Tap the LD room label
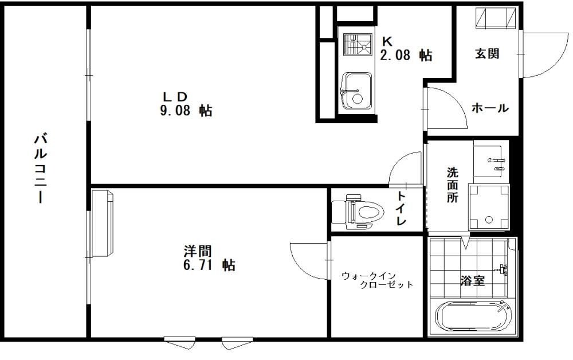point(175,96)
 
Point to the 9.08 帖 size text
point(186,110)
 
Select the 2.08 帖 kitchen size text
point(406,55)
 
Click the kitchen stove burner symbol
point(358,44)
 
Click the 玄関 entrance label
point(487,54)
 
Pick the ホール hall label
point(490,108)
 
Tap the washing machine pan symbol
point(489,206)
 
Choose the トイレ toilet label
point(402,208)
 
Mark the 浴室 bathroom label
point(473,281)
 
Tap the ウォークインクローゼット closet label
point(378,280)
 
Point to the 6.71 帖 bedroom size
point(209,264)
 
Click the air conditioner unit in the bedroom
point(103,222)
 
